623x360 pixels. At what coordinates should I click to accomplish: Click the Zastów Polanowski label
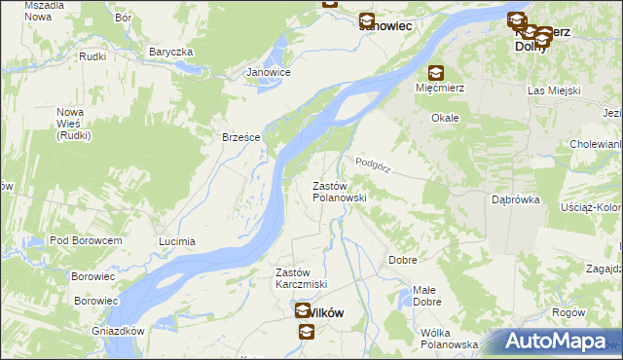point(338,191)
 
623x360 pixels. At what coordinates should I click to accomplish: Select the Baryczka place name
point(171,52)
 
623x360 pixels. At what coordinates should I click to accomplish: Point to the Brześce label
point(240,137)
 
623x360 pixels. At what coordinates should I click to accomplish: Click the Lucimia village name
point(177,240)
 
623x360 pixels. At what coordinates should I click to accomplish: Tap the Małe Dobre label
point(424,296)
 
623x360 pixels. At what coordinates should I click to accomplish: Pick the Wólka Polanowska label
point(449,339)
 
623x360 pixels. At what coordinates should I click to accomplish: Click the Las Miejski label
point(554,90)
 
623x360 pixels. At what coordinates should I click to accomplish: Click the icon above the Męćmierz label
point(435,73)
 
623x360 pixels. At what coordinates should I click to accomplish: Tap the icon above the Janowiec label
point(366,20)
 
